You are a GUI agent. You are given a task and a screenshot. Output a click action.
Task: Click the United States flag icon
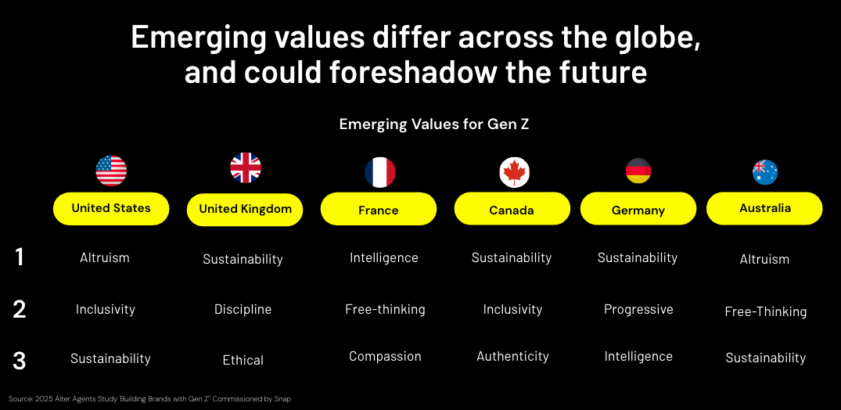click(111, 171)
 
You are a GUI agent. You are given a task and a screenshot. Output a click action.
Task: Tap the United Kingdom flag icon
click(246, 168)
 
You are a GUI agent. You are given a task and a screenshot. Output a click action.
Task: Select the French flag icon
click(380, 172)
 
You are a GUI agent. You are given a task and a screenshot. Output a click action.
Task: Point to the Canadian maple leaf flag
click(514, 173)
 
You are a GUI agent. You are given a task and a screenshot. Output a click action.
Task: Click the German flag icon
click(638, 171)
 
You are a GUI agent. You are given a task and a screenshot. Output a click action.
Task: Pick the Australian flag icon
click(765, 172)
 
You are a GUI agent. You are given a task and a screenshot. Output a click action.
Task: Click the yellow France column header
click(379, 209)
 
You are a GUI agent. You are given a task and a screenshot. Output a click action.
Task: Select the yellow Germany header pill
click(638, 209)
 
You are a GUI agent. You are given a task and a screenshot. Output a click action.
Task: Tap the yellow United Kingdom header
click(245, 209)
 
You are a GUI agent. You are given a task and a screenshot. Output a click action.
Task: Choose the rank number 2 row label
click(20, 310)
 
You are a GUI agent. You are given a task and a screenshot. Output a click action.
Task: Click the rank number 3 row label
click(20, 361)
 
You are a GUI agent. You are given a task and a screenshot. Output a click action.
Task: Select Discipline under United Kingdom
click(243, 310)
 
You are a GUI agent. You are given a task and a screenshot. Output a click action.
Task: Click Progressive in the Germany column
click(638, 309)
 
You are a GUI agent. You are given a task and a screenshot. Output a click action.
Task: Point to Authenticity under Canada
click(512, 356)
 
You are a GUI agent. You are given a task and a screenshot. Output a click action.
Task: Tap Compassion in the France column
click(385, 356)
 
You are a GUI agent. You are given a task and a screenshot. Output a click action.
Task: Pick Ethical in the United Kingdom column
click(243, 360)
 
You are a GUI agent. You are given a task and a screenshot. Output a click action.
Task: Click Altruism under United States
click(105, 257)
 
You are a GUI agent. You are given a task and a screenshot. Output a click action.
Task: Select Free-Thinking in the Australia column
click(765, 311)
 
